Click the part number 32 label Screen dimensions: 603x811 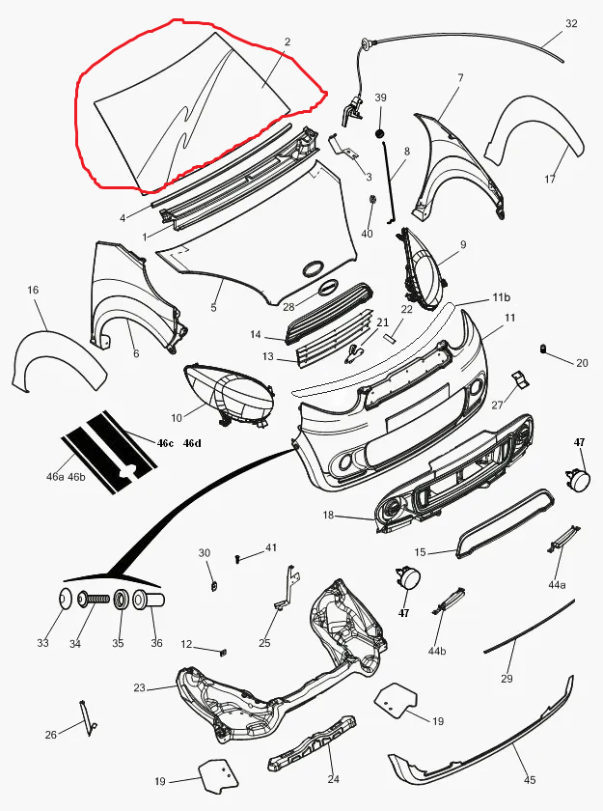coord(571,23)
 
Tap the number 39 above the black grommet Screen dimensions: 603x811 coord(380,98)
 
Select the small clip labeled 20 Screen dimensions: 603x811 coord(544,349)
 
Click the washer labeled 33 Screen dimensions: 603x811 coord(65,600)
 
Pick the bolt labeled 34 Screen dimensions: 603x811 coord(94,600)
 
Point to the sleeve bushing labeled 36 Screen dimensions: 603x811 coord(149,600)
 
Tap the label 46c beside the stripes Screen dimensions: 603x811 coord(165,443)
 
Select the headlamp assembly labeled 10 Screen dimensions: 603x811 coord(229,396)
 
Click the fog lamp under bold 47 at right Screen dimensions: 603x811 coord(577,479)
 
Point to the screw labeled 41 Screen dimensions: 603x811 coord(237,559)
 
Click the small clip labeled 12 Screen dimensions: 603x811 coord(224,652)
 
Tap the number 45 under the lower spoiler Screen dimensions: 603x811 coord(529,779)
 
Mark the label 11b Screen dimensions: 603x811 coord(501,297)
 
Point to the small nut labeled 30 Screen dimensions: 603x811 coord(214,586)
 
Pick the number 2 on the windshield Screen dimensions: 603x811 coord(288,42)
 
